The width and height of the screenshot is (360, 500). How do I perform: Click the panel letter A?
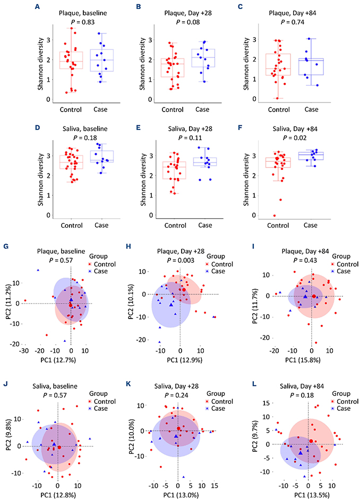tap(37, 7)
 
